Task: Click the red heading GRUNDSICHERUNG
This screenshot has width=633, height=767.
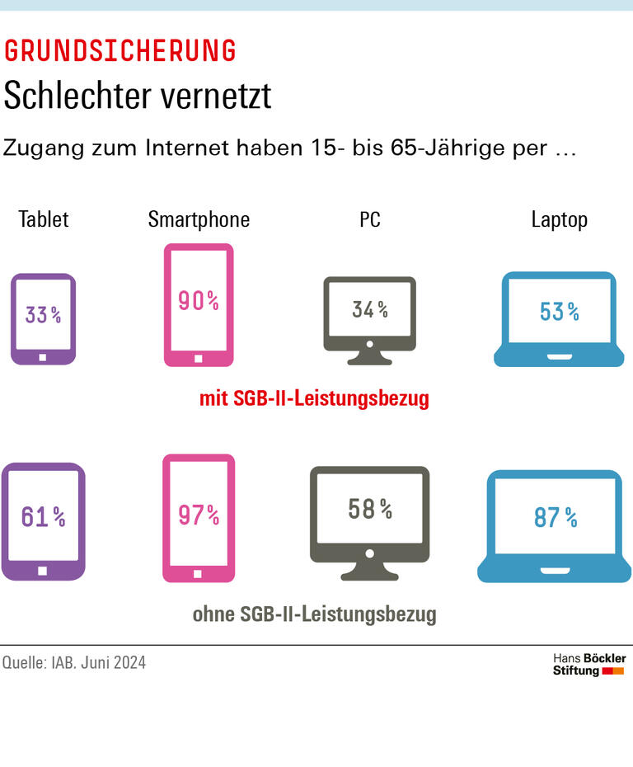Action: click(x=120, y=51)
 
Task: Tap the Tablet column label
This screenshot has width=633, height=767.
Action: click(x=44, y=219)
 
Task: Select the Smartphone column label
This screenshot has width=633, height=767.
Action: click(x=199, y=219)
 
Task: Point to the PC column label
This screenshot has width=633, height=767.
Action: click(x=370, y=219)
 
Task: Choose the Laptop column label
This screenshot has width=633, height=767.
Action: click(x=559, y=219)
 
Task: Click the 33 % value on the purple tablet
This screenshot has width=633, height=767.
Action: click(x=43, y=314)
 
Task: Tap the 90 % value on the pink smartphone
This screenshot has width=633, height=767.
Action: click(x=199, y=301)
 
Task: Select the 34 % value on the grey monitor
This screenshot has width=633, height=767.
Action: click(x=370, y=309)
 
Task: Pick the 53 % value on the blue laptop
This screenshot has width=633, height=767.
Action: click(x=559, y=312)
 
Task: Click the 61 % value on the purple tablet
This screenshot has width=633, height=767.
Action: click(x=43, y=517)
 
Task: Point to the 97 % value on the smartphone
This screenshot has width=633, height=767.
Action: click(x=199, y=515)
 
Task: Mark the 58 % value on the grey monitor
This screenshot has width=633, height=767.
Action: click(x=370, y=510)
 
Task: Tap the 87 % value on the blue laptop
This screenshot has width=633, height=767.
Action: click(x=555, y=518)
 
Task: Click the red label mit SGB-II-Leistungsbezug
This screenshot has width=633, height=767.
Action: click(x=314, y=399)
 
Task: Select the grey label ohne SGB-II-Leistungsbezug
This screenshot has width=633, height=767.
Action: click(x=314, y=614)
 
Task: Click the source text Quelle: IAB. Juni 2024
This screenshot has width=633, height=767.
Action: click(x=74, y=662)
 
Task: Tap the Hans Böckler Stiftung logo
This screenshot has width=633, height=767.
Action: click(x=588, y=665)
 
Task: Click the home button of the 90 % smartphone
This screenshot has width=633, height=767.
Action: click(x=198, y=358)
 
